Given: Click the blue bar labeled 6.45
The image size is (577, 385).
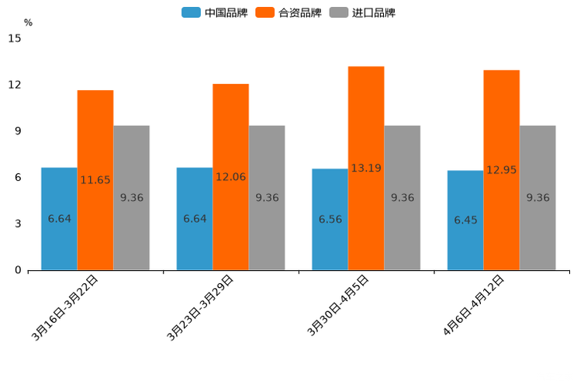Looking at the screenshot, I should point(465,220).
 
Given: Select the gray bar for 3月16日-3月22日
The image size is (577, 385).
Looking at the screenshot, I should point(132,198).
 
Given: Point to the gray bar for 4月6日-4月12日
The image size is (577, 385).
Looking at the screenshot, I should point(537,198).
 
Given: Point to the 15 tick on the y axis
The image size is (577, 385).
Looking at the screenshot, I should point(15,38).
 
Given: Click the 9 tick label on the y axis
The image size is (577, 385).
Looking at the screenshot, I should point(18,131).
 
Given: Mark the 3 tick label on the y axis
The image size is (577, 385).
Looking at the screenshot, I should point(18,224).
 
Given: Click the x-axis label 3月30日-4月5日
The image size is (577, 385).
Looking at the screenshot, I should point(338,306).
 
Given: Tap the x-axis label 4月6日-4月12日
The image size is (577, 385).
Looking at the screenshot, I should point(474,306).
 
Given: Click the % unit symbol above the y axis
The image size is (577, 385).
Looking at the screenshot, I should point(28,23).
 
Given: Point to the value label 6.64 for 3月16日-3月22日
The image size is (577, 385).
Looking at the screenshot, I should point(60,219).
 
